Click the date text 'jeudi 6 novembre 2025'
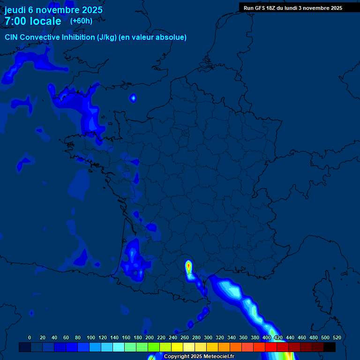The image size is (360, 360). click(x=53, y=10)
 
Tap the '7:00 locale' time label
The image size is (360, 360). click(x=33, y=21)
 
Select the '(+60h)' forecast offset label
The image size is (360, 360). click(x=81, y=21)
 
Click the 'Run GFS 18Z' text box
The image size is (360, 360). click(x=292, y=8)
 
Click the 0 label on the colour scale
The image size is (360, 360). click(x=30, y=337)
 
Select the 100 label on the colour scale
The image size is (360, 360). click(x=91, y=337)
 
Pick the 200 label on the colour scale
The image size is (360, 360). click(x=150, y=337)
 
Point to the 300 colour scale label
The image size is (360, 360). click(x=208, y=337)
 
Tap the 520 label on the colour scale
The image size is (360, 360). click(x=337, y=337)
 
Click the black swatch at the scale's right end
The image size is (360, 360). click(x=330, y=347)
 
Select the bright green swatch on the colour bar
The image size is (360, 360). click(x=154, y=347)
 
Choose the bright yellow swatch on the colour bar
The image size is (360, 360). click(x=177, y=347)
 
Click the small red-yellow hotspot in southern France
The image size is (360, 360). click(x=188, y=267)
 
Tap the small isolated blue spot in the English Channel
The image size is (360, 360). click(x=133, y=98)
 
